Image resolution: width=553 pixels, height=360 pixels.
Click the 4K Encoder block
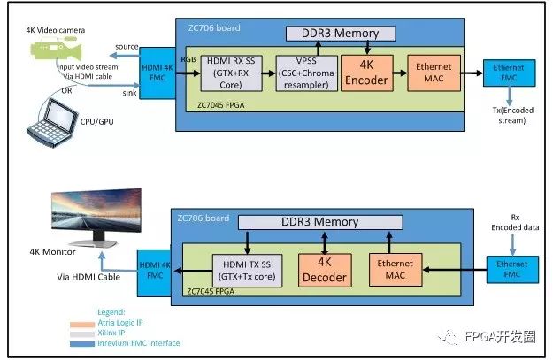click(367, 73)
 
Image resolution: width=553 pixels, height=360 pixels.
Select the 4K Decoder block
click(325, 270)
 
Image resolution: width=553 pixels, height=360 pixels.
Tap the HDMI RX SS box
click(231, 73)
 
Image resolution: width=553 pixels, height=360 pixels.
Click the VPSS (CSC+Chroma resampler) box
click(306, 73)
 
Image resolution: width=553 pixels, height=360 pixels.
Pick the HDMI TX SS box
click(247, 271)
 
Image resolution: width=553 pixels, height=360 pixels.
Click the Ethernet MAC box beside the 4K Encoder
click(434, 73)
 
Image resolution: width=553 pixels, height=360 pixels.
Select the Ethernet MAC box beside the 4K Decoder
click(396, 270)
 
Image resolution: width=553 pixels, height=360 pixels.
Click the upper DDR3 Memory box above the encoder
click(341, 34)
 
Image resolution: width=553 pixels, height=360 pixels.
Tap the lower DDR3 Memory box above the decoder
click(320, 222)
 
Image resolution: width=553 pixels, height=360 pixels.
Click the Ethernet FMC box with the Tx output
click(509, 73)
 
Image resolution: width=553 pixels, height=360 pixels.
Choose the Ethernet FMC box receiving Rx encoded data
click(512, 270)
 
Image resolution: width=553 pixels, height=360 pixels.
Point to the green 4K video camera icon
click(57, 50)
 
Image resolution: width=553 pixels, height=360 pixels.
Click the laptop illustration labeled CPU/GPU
click(52, 123)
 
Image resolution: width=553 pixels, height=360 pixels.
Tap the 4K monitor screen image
click(96, 211)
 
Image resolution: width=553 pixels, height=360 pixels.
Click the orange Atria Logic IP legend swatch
click(82, 324)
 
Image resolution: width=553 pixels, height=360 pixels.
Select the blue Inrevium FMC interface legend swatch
click(82, 343)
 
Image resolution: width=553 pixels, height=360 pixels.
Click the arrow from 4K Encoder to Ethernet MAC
click(400, 73)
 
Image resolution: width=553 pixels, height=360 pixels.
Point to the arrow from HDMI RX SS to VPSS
click(269, 73)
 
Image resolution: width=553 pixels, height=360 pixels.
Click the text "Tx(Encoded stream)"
click(513, 115)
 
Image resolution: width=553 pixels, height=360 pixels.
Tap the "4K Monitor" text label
click(52, 252)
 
